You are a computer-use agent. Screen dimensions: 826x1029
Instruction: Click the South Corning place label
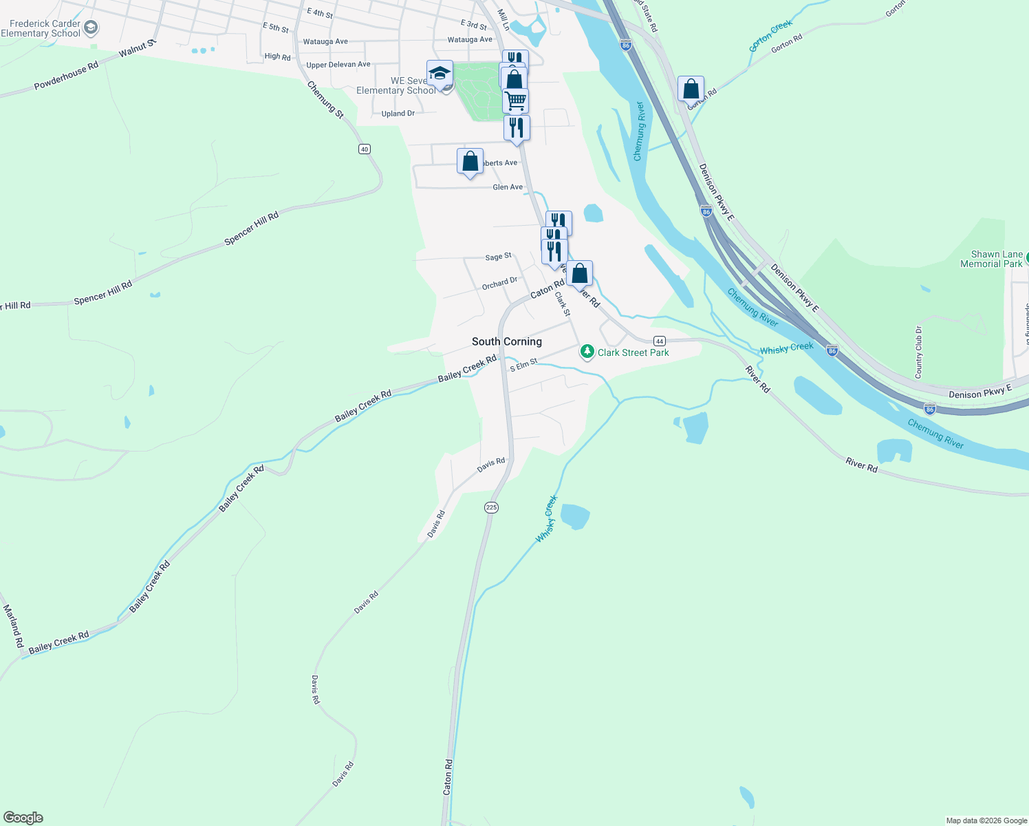[507, 341]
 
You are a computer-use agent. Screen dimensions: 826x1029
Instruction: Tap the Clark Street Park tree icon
[587, 352]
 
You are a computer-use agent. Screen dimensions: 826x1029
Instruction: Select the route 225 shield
[491, 507]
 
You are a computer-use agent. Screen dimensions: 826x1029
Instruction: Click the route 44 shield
[660, 341]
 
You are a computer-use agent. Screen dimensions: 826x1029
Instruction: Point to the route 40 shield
[365, 149]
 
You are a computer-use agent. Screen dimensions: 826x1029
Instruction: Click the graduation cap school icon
[440, 73]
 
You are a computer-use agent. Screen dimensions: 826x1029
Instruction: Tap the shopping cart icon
[515, 100]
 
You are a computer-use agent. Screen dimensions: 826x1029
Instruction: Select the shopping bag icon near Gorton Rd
[691, 89]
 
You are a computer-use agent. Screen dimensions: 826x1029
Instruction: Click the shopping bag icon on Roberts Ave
[470, 162]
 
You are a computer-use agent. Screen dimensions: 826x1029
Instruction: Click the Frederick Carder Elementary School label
[41, 28]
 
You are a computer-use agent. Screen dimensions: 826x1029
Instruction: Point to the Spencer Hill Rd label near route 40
[252, 229]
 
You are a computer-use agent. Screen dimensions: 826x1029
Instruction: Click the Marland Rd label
[14, 626]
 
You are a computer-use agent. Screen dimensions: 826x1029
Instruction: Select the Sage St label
[498, 257]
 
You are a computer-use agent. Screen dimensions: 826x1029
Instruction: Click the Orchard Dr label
[499, 283]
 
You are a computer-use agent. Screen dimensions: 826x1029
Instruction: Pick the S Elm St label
[523, 365]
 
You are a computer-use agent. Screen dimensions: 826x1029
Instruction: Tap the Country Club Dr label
[918, 352]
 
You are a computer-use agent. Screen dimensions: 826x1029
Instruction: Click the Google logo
[23, 818]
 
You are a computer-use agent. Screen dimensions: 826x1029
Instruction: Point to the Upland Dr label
[398, 114]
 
